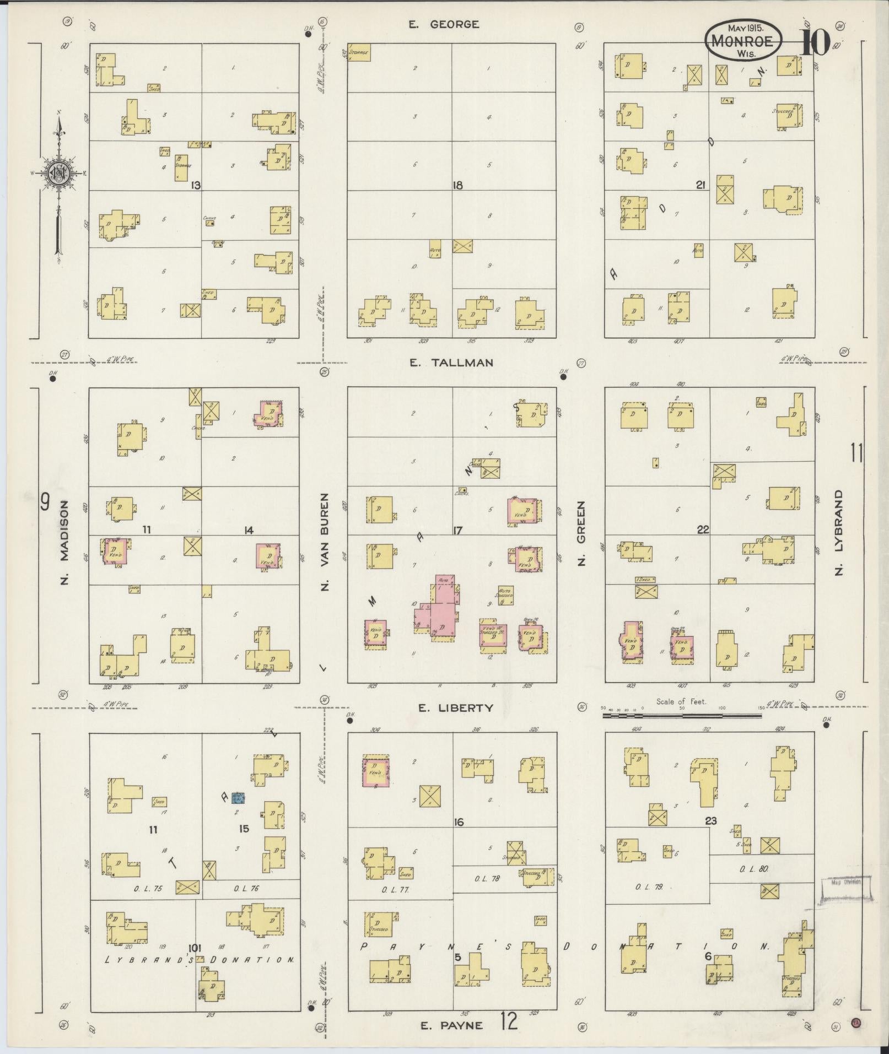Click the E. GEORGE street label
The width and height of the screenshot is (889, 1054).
click(x=444, y=24)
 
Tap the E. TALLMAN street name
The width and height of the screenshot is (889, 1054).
click(x=451, y=363)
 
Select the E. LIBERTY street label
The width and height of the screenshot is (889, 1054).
click(x=455, y=708)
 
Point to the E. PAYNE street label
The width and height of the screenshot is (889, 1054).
click(x=451, y=1025)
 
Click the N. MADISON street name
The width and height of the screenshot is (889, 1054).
click(x=65, y=543)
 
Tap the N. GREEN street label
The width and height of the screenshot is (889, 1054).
click(x=581, y=533)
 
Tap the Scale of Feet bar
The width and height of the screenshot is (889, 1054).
click(x=682, y=716)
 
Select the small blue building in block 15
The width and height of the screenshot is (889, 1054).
click(x=238, y=797)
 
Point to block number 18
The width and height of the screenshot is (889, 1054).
click(x=457, y=186)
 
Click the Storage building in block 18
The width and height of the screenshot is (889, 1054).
click(x=358, y=52)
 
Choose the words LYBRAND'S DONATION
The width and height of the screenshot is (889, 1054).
click(x=200, y=959)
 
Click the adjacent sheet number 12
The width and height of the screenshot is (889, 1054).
click(x=510, y=1023)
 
